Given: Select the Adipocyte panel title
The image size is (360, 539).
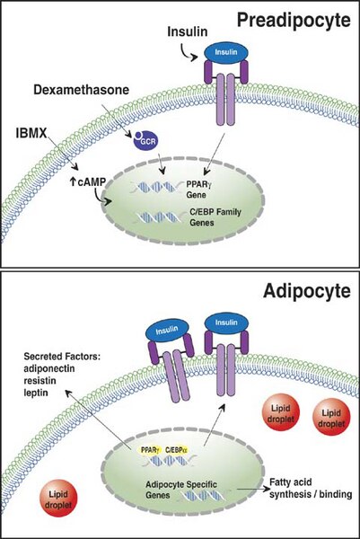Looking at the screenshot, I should click(307, 292).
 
